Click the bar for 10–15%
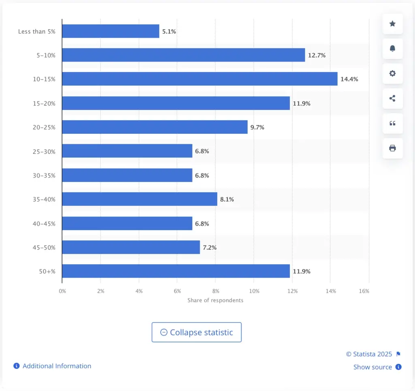199,79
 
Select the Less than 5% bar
111,31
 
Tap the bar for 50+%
176,271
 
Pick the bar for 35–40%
139,199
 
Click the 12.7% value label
317,55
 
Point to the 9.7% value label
257,127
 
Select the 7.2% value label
210,247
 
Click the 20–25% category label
45,127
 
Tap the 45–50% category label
45,247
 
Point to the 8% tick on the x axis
216,291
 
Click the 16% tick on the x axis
364,291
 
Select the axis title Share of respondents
215,300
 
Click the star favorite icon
392,24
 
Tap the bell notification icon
392,49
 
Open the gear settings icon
392,74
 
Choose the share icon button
392,98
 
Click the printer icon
392,148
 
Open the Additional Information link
57,366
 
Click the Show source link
372,367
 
